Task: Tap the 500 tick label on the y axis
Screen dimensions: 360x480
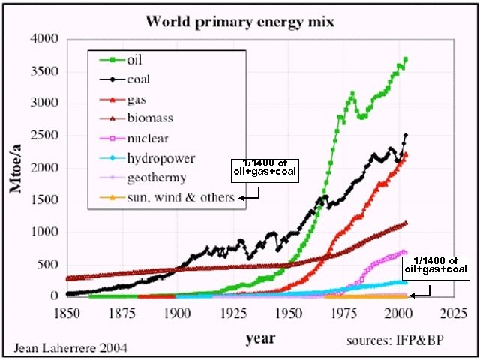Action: tap(50, 264)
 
